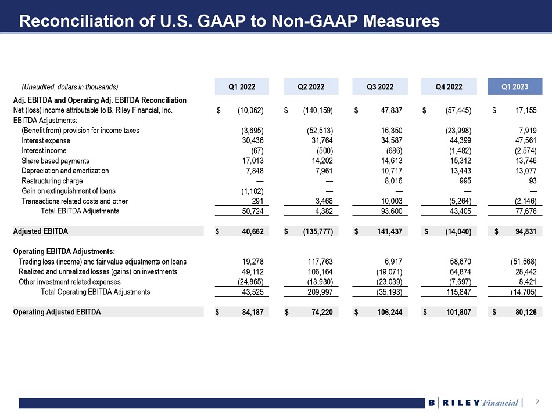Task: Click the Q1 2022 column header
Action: (242, 87)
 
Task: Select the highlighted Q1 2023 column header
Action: (515, 87)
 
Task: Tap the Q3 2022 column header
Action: (380, 87)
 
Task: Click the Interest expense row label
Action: (46, 141)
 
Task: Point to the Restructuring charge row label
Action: (51, 181)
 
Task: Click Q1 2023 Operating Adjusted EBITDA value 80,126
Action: (524, 312)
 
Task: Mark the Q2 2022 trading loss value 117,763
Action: (319, 262)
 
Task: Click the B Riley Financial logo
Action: (473, 403)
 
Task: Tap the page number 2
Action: (537, 402)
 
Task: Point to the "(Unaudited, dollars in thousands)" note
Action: (70, 87)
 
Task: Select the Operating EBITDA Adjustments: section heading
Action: (64, 251)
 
